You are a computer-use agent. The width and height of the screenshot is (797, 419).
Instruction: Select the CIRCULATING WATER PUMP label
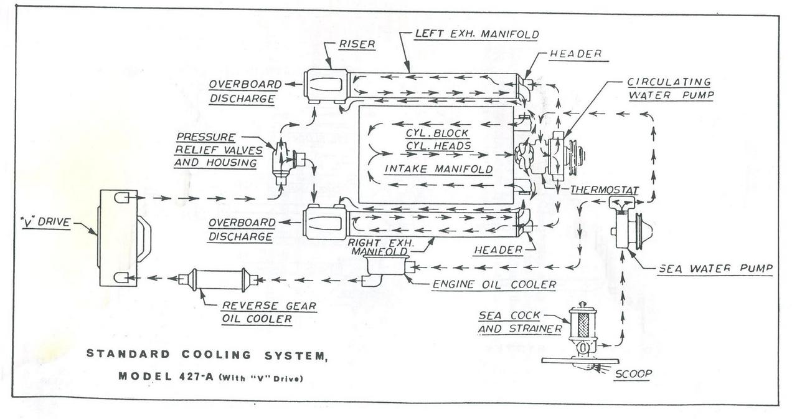pos(669,89)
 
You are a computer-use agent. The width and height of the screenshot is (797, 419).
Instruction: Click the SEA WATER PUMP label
pos(715,269)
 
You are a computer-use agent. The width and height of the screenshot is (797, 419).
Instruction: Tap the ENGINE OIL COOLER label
pos(494,285)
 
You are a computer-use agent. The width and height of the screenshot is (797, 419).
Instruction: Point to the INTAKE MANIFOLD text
pos(438,169)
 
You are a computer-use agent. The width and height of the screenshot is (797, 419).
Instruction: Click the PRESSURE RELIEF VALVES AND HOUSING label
pos(207,150)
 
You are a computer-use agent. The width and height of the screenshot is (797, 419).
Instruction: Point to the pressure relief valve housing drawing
pos(286,160)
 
